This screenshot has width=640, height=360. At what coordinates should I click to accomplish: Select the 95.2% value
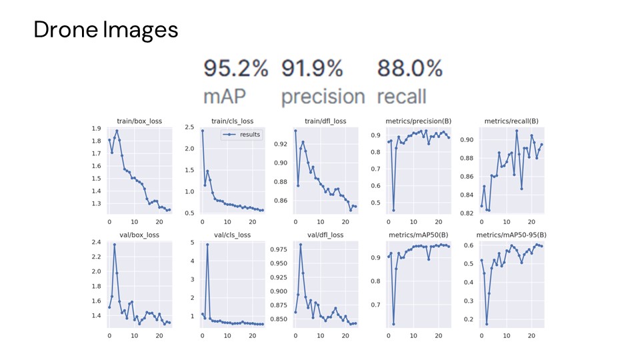235,68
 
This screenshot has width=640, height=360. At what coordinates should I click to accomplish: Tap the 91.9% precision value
312,68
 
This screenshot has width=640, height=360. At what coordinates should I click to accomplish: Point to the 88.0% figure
410,68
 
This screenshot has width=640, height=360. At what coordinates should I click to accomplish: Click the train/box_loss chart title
139,121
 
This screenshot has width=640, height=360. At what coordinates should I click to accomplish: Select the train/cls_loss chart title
233,121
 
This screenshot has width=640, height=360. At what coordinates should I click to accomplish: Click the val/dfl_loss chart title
325,235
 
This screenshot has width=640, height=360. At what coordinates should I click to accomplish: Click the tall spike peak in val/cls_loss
207,245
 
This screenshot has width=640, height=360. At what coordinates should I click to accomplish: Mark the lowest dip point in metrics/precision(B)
393,210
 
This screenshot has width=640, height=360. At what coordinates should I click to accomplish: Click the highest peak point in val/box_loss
114,245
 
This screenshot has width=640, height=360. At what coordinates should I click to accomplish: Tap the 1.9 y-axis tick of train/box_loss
97,129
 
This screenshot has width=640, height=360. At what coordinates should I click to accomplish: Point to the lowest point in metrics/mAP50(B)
393,324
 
